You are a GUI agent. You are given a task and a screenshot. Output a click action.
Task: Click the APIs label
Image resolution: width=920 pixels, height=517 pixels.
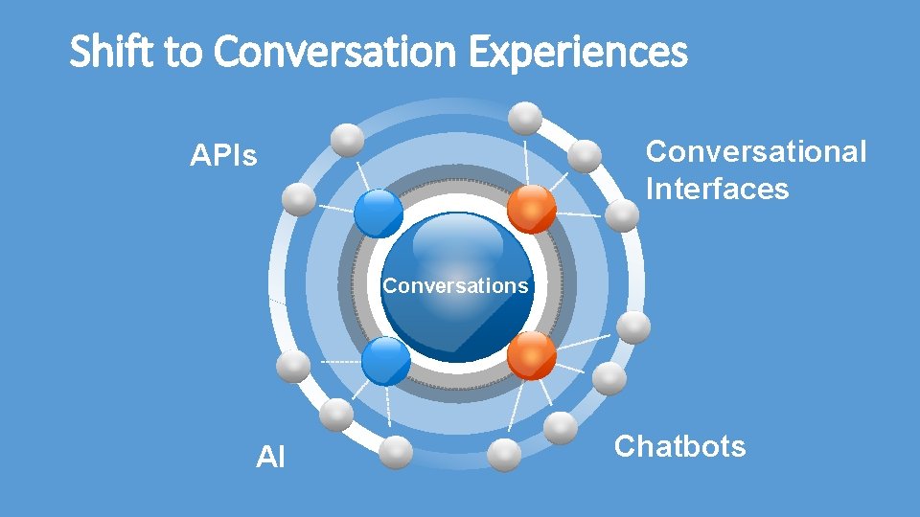(x=224, y=155)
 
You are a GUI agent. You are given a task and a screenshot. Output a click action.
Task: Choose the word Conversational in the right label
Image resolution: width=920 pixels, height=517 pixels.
(x=756, y=151)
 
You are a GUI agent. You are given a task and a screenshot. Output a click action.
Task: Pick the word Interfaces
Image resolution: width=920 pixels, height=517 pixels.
(x=717, y=189)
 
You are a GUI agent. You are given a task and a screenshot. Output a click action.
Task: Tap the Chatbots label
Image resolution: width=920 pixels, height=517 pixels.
(x=679, y=446)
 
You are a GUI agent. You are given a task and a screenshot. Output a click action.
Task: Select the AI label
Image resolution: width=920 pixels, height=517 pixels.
(x=271, y=458)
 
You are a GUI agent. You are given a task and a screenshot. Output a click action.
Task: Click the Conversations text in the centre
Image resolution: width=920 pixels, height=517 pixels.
(x=455, y=285)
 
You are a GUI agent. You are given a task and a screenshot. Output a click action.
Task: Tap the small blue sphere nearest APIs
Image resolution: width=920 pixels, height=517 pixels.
(x=379, y=213)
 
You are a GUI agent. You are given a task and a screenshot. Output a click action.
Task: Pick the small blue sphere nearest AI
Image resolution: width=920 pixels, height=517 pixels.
(x=386, y=361)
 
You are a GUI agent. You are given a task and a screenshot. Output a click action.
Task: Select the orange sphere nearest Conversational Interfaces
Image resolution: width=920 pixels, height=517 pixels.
(x=530, y=210)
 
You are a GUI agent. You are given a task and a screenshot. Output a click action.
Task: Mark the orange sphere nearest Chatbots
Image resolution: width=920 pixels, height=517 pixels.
(x=531, y=356)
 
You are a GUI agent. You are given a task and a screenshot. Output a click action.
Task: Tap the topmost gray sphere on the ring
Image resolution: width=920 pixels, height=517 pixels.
(x=524, y=118)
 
